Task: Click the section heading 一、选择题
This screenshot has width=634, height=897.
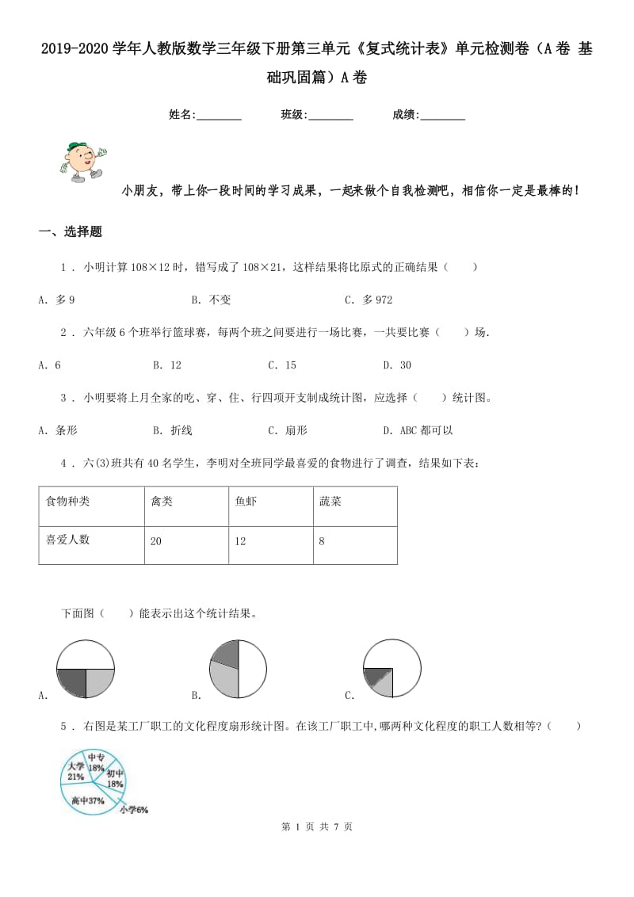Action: [x=71, y=232]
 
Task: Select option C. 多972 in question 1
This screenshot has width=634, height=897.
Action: [x=369, y=300]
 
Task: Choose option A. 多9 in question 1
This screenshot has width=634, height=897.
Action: [x=56, y=300]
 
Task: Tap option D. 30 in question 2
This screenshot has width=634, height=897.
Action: [x=397, y=365]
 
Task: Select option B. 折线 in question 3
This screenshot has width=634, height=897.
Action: [x=172, y=430]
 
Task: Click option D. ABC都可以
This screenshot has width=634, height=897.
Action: [x=418, y=430]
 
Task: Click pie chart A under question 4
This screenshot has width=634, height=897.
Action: [x=86, y=670]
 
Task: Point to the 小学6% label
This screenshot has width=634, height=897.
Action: [x=134, y=810]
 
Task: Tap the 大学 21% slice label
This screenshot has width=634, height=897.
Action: [x=76, y=771]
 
